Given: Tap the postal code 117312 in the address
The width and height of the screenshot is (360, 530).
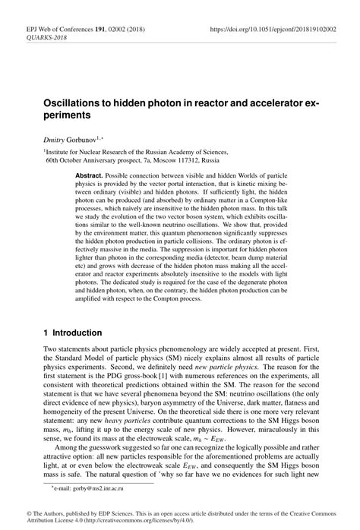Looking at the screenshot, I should [188, 161].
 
